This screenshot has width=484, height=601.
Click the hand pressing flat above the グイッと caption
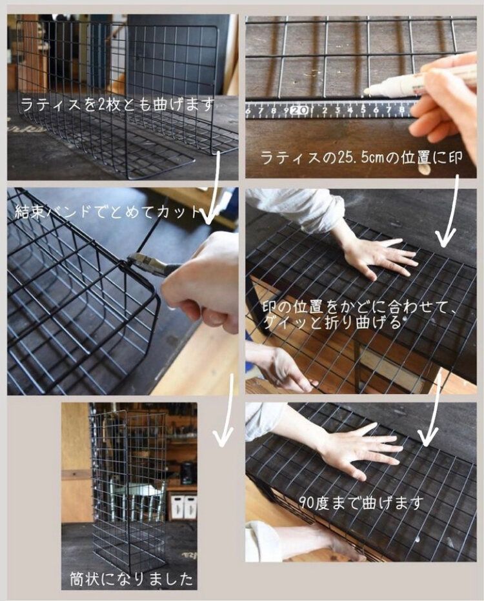tap(378, 255)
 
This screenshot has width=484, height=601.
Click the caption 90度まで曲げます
tap(363, 502)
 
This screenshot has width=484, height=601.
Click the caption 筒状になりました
tap(132, 578)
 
